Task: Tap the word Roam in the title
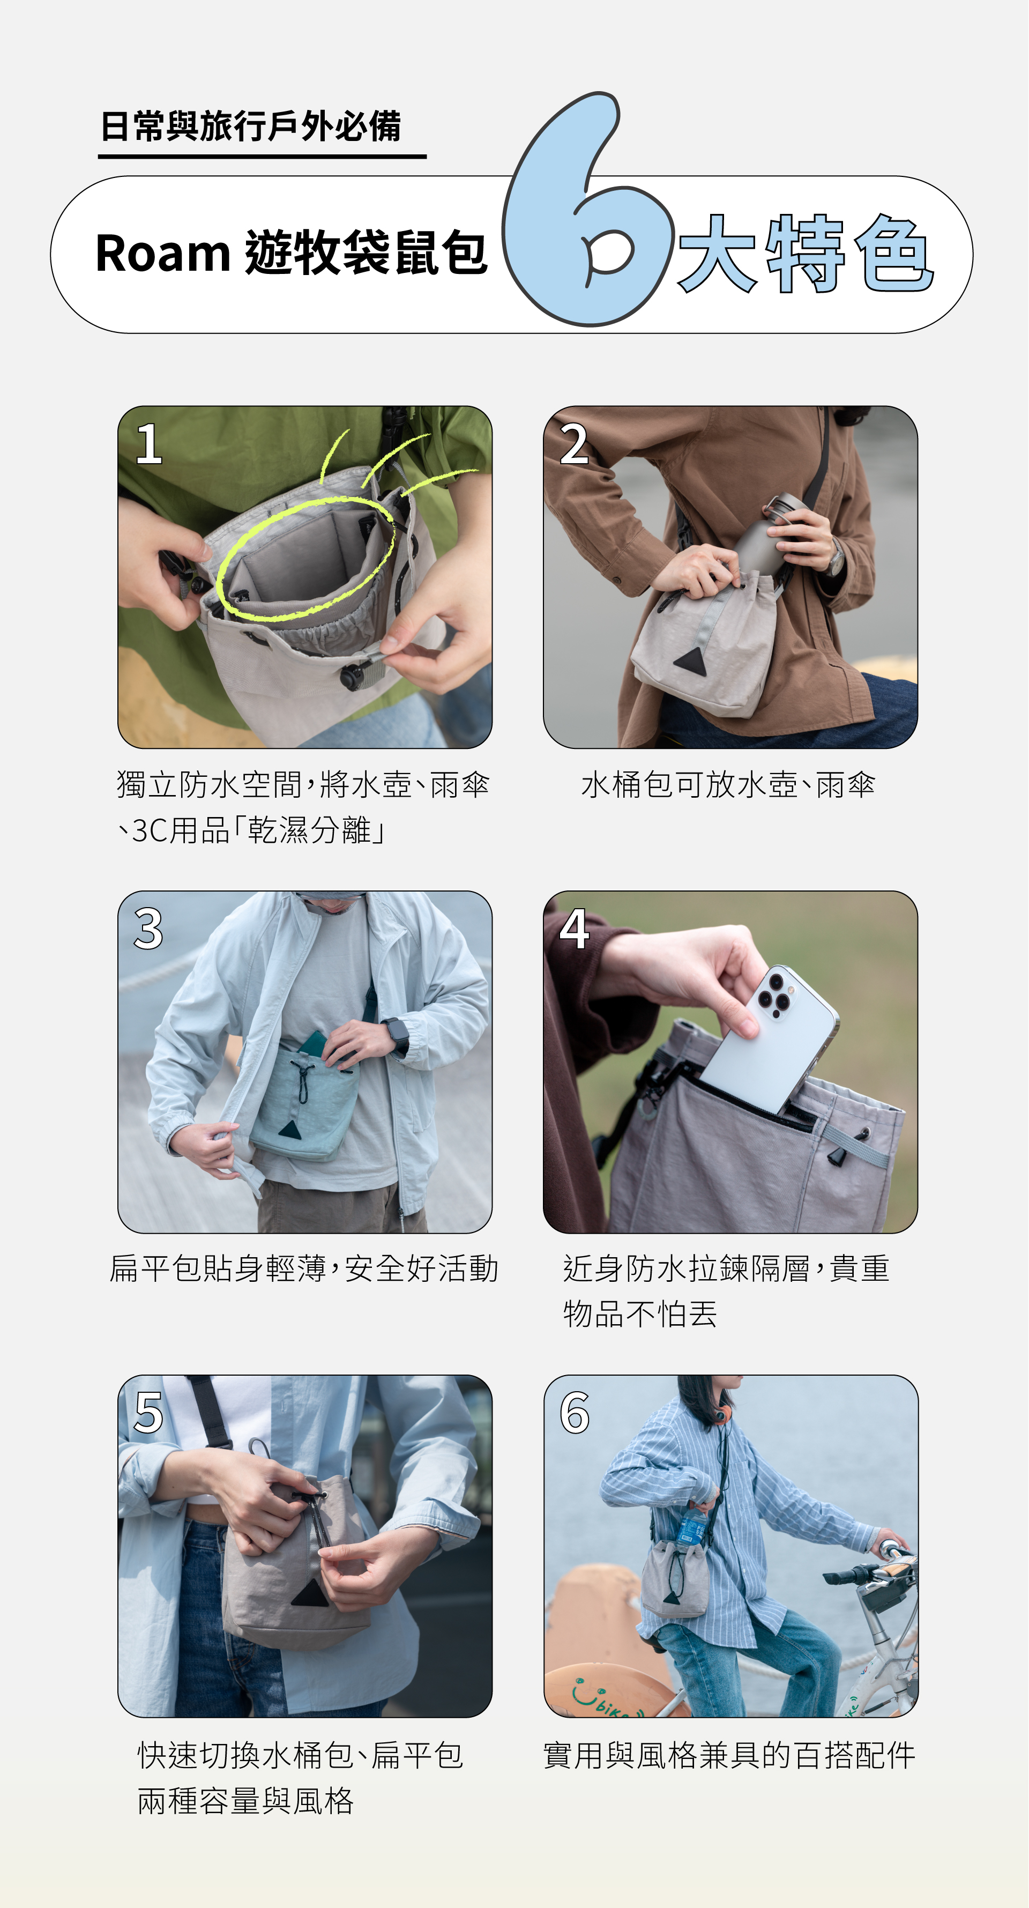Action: (x=163, y=254)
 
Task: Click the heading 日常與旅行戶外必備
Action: (x=251, y=126)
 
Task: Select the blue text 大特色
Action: (x=806, y=254)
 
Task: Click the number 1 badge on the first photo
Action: (x=149, y=444)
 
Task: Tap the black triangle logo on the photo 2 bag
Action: (x=689, y=658)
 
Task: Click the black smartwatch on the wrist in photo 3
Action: (x=396, y=1035)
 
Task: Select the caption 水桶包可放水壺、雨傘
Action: (x=728, y=784)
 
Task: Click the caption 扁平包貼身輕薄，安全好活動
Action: (x=303, y=1268)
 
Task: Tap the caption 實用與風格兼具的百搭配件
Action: (x=730, y=1755)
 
